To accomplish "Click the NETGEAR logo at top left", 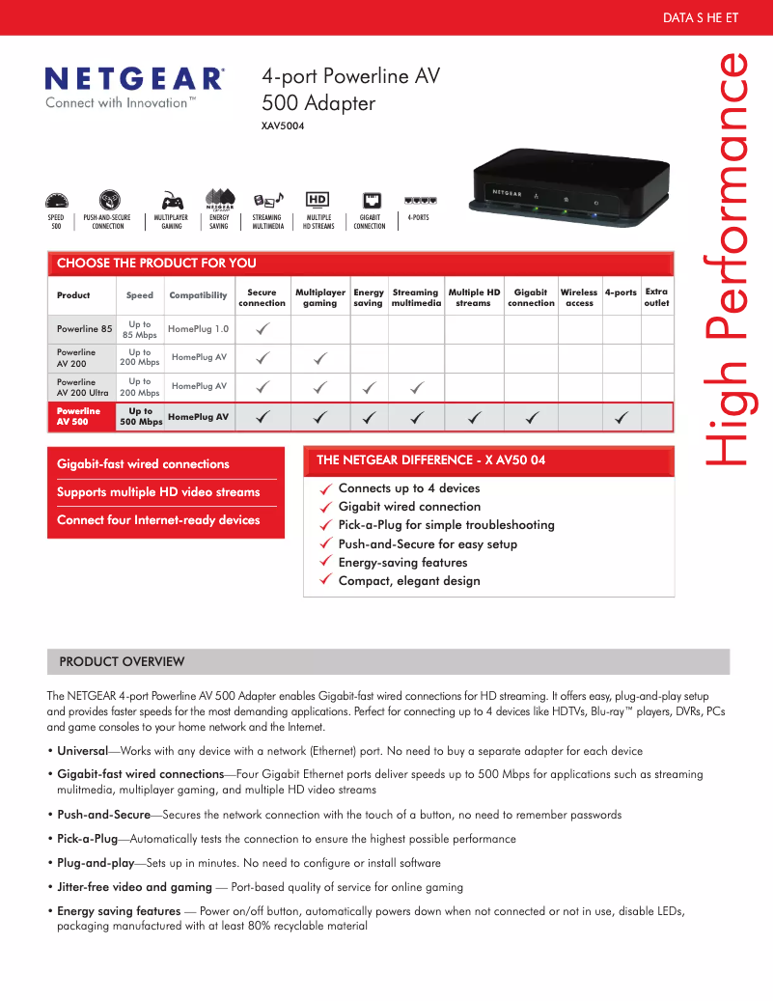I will click(135, 78).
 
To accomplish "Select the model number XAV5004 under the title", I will click(283, 125).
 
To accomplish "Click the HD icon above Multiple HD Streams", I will click(318, 200).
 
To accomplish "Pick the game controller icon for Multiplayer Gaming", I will click(172, 201).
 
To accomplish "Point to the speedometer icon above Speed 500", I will click(57, 201).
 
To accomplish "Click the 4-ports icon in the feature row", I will click(420, 200).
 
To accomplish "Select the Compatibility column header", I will click(198, 295).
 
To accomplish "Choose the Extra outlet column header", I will click(656, 296).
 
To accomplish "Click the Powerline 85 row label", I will click(84, 329).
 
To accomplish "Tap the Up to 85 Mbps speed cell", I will click(140, 329).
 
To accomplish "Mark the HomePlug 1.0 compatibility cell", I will click(198, 329).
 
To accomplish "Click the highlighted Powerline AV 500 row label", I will click(78, 416).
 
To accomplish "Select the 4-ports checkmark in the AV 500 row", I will click(622, 417).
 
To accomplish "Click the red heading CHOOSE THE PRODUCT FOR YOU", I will click(156, 263).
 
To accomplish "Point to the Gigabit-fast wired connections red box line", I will click(143, 464).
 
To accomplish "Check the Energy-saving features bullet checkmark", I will click(327, 562).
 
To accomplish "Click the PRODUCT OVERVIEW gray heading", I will click(122, 661).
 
